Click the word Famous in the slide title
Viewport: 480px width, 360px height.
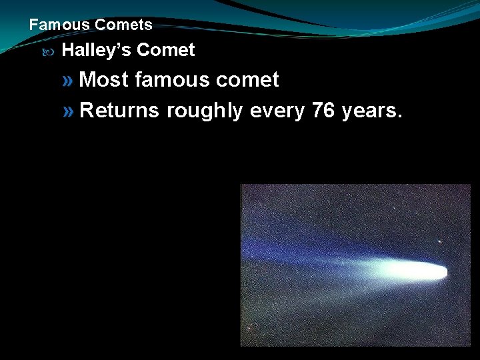(59, 25)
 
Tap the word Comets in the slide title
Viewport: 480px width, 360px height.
(123, 25)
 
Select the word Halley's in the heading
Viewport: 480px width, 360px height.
(97, 50)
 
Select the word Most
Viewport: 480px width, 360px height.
(104, 80)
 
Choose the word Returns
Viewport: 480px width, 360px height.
(119, 110)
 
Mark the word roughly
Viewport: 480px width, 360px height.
(205, 111)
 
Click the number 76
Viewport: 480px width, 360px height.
(323, 110)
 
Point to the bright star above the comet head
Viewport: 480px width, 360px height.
(439, 241)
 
